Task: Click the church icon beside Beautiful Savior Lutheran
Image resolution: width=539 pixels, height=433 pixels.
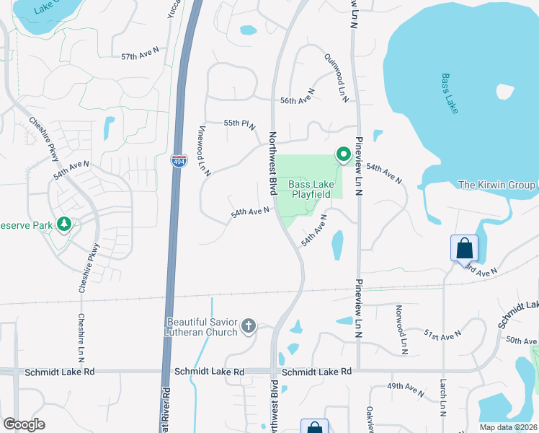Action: click(249, 326)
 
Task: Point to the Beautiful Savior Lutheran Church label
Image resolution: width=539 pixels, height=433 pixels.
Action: click(202, 327)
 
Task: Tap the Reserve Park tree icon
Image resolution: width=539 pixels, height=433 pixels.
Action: click(65, 225)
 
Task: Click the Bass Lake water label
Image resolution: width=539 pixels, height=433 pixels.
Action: click(450, 93)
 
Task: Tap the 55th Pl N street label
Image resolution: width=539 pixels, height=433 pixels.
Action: click(240, 124)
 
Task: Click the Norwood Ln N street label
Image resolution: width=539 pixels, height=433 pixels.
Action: click(401, 329)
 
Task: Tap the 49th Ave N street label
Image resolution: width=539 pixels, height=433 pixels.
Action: click(406, 389)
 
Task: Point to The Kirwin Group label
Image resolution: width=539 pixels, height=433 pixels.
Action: click(498, 185)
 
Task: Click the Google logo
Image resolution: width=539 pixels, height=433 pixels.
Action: click(24, 424)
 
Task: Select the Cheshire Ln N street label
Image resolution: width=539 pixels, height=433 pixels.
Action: click(81, 338)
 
